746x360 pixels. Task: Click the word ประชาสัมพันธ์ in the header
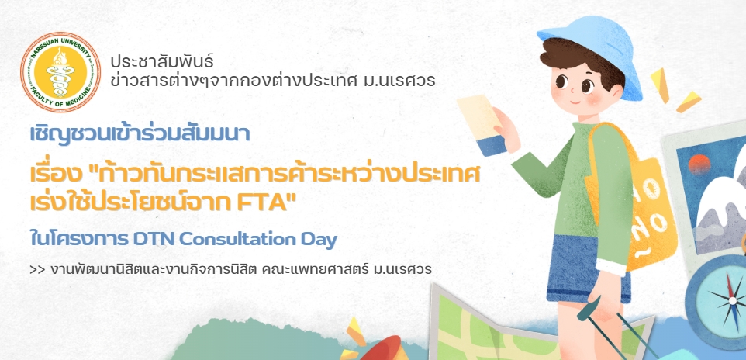pyautogui.click(x=162, y=61)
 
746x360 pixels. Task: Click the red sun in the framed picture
pyautogui.click(x=701, y=166)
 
